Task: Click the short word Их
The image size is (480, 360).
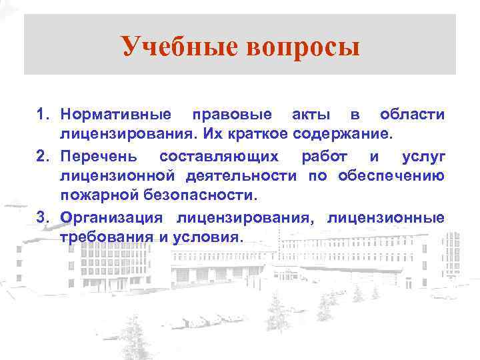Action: coord(213,135)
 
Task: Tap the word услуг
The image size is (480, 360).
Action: coord(423,156)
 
